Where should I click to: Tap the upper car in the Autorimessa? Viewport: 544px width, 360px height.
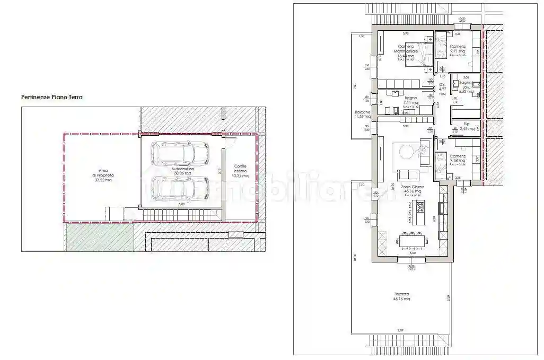(x=179, y=154)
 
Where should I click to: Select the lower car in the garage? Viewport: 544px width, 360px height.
(x=179, y=187)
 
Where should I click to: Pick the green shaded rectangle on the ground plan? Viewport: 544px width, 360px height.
(x=99, y=236)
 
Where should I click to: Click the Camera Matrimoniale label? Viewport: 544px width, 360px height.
(x=408, y=51)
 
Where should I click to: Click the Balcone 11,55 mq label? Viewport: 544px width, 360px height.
(x=363, y=113)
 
